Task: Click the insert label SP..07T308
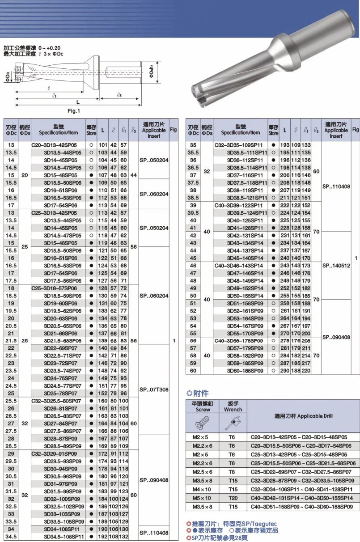tap(153, 390)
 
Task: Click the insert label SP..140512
tap(336, 266)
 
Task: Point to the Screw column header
tap(203, 406)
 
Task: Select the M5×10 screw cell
tap(203, 498)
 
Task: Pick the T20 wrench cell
tap(232, 498)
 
